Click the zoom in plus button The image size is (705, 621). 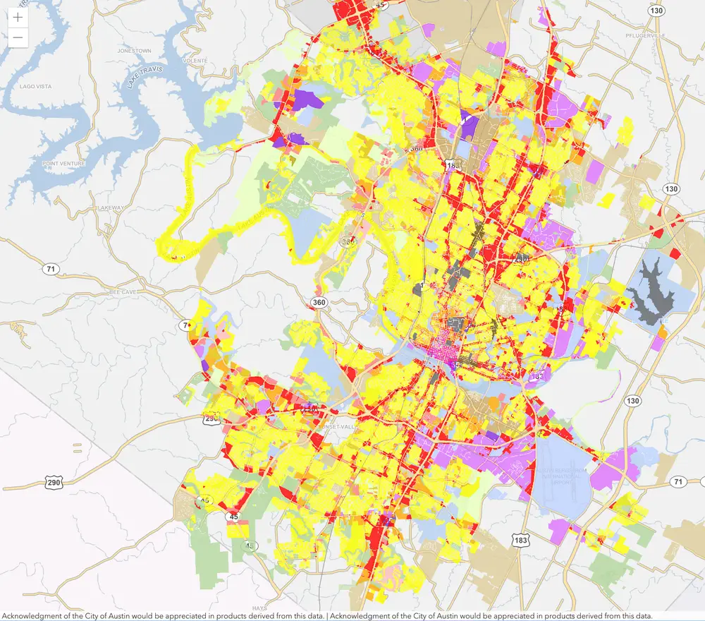tap(18, 17)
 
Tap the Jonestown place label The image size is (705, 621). tap(135, 52)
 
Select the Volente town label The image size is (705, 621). tap(195, 61)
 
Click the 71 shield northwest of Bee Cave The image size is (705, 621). tap(49, 269)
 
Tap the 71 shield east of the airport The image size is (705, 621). tap(678, 481)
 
